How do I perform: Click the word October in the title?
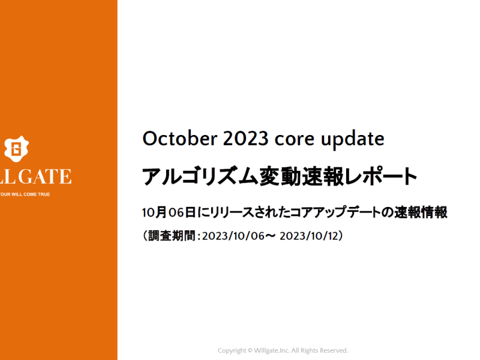(180, 139)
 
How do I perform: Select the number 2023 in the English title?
(245, 139)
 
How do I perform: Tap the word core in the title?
(294, 139)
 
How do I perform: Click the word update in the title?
(352, 140)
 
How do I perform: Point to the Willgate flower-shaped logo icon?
(17, 149)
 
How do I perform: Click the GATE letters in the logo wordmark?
(45, 176)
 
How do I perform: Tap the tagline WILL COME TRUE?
(31, 194)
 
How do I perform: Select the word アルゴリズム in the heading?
(200, 176)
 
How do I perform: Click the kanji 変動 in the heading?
(280, 176)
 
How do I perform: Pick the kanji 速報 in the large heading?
(323, 176)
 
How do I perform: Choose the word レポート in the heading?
(381, 176)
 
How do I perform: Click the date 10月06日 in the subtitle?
(169, 212)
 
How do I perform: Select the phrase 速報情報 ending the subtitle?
(421, 212)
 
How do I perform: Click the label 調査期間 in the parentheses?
(172, 236)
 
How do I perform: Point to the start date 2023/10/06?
(233, 236)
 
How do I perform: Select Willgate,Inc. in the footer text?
(272, 350)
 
